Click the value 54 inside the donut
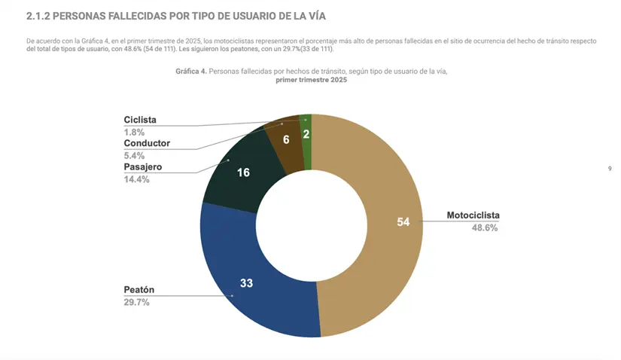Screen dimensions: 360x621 403,221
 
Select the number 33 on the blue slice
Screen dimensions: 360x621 246,283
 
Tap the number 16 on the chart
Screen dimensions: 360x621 243,172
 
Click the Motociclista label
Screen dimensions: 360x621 473,215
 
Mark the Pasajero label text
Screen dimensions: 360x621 143,166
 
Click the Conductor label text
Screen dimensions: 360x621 147,143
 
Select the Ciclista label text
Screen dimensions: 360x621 140,120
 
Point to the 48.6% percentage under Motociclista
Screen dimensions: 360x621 483,228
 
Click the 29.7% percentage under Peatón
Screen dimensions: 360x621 136,303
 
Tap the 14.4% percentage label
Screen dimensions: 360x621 136,179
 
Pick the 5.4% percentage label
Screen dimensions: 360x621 134,155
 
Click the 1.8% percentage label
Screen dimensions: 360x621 134,132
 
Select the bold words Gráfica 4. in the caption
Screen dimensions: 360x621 190,71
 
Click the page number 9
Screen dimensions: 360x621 609,169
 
